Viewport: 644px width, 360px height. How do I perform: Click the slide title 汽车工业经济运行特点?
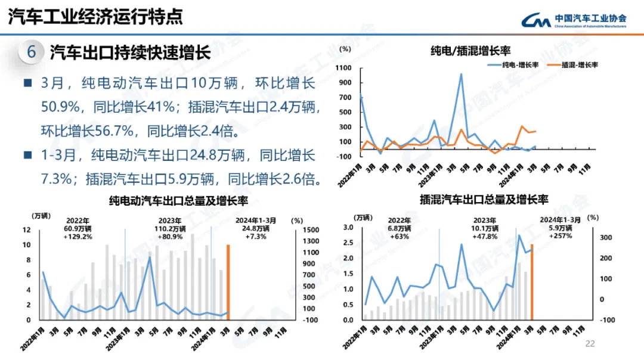tap(95, 17)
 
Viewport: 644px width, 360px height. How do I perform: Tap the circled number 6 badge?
tap(31, 52)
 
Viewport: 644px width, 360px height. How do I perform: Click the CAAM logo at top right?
tap(573, 20)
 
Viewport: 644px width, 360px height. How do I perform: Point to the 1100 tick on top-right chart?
tap(345, 68)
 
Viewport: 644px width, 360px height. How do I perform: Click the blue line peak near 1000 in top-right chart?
tap(461, 74)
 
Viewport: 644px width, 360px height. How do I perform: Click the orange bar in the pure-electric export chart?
tap(228, 281)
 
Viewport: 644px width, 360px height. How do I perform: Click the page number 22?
tap(590, 343)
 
